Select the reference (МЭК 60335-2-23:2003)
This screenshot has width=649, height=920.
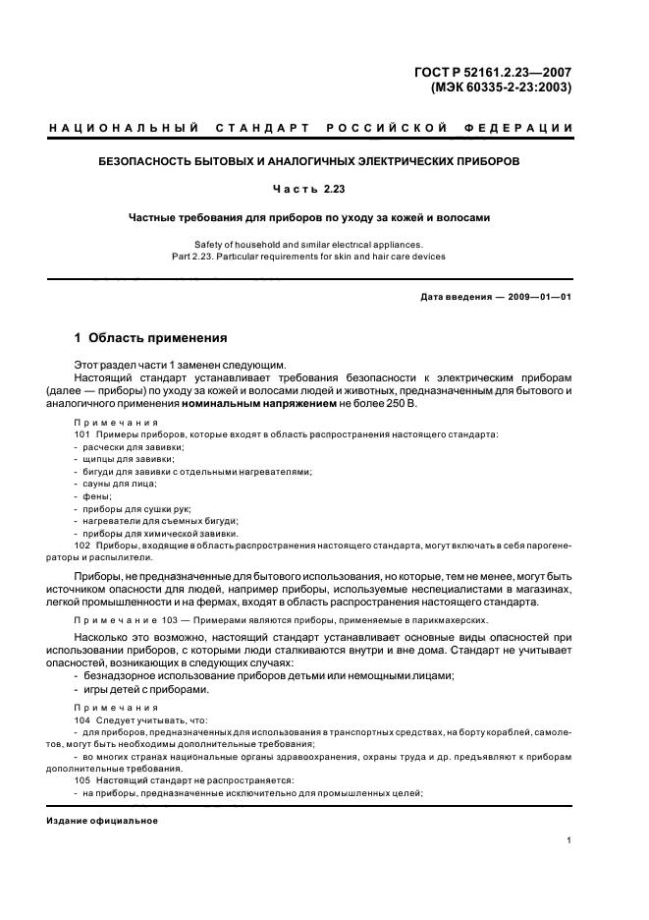[x=501, y=86]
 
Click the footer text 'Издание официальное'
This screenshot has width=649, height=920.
[x=101, y=820]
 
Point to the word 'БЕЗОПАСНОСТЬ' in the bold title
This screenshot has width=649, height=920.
[x=145, y=159]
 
